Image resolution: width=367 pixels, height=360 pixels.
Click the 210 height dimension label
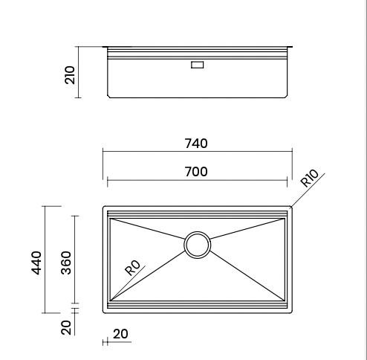coord(70,75)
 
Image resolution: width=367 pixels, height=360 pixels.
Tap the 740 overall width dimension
coord(196,144)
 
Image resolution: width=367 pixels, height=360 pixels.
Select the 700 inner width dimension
coord(196,172)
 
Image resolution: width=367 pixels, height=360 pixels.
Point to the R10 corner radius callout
coord(310,178)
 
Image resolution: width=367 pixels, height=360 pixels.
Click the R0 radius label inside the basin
coord(132,268)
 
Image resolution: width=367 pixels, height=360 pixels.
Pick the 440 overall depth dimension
coord(36,263)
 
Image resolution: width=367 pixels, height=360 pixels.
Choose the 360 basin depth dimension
coord(66,263)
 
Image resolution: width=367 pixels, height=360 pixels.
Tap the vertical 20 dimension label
coord(66,327)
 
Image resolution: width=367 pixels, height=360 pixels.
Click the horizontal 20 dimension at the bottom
coord(120,334)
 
